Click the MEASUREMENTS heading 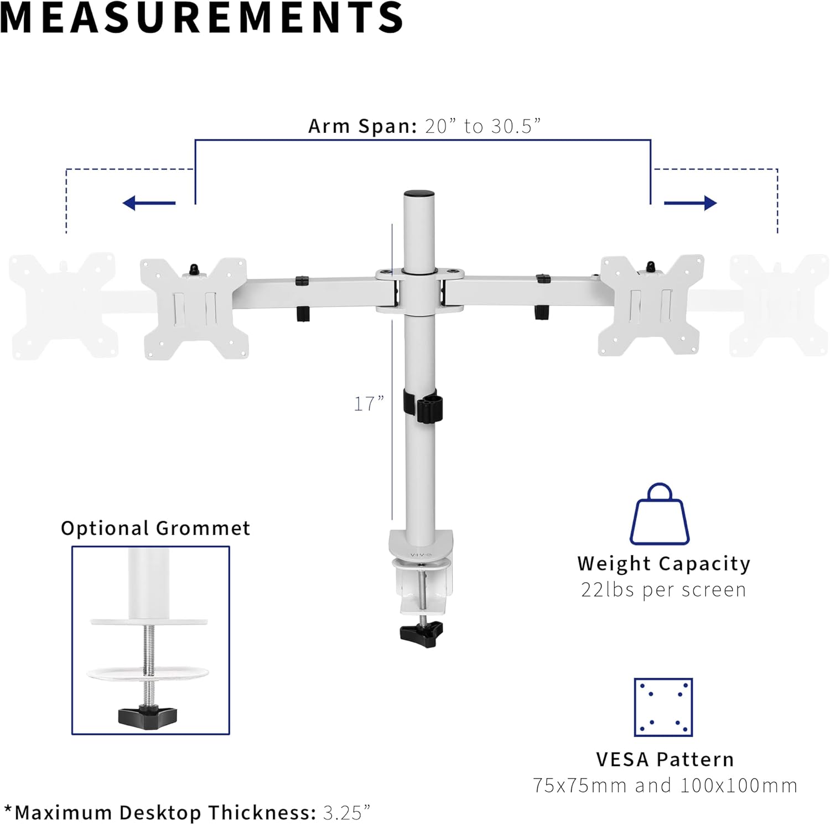[x=201, y=18]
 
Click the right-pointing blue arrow [x=690, y=203]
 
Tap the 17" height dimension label [x=369, y=404]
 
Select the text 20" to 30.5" [x=483, y=126]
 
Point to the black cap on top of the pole [x=419, y=194]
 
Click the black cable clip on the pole [x=426, y=407]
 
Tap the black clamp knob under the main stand [x=422, y=632]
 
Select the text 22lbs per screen [x=663, y=590]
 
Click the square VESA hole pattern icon [x=663, y=707]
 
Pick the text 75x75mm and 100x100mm [x=665, y=785]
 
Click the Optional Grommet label [x=155, y=528]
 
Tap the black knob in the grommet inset [x=148, y=715]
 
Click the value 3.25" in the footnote [x=346, y=812]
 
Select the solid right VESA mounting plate [x=651, y=305]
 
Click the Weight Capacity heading [x=663, y=563]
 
